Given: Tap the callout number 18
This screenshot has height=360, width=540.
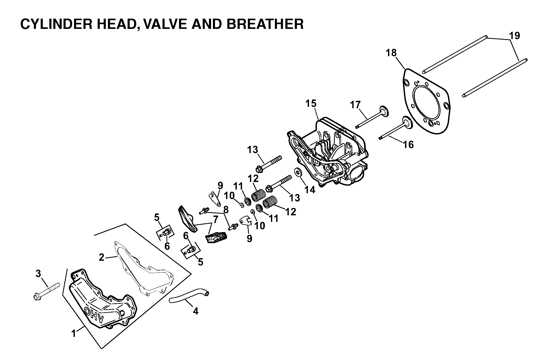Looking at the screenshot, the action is click(x=391, y=53).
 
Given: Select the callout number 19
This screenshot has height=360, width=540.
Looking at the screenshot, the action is click(x=515, y=36).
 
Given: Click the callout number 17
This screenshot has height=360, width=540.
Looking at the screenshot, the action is click(x=356, y=105).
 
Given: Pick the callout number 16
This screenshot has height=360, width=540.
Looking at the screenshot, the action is click(x=408, y=144).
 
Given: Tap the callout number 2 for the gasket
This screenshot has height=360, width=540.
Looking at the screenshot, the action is click(x=102, y=258).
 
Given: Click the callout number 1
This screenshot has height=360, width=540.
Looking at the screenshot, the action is click(x=74, y=334).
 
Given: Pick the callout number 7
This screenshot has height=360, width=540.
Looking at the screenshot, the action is click(x=216, y=220).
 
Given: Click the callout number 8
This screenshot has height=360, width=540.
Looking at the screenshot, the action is click(x=226, y=210).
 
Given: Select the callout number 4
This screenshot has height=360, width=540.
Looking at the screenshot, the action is click(x=196, y=311).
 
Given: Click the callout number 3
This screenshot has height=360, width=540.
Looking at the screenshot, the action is click(x=38, y=274).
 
